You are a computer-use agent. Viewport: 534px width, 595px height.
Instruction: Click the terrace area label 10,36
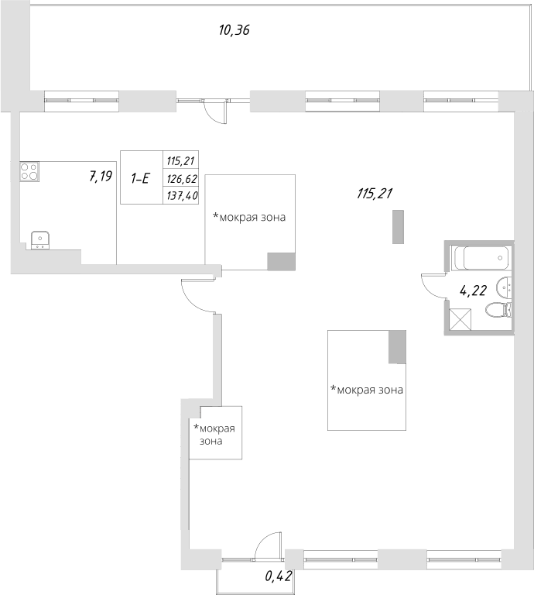234,31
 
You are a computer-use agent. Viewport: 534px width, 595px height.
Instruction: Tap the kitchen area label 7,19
101,177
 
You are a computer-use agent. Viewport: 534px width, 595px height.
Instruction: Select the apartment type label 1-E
140,178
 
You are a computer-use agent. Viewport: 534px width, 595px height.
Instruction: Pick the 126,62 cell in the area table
182,178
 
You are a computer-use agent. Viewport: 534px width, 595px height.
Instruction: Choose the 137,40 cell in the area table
182,195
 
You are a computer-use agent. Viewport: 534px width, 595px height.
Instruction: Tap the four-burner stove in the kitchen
29,171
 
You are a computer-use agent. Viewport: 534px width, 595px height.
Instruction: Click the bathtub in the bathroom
481,256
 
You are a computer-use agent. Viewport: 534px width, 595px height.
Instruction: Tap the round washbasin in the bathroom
505,286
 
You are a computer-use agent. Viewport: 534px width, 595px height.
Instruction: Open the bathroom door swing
432,287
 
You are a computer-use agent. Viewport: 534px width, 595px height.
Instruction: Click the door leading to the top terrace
212,112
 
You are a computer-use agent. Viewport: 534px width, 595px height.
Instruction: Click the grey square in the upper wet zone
281,261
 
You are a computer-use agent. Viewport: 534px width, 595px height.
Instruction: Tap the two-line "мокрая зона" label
214,434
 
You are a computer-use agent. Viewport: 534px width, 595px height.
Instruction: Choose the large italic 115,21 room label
375,194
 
